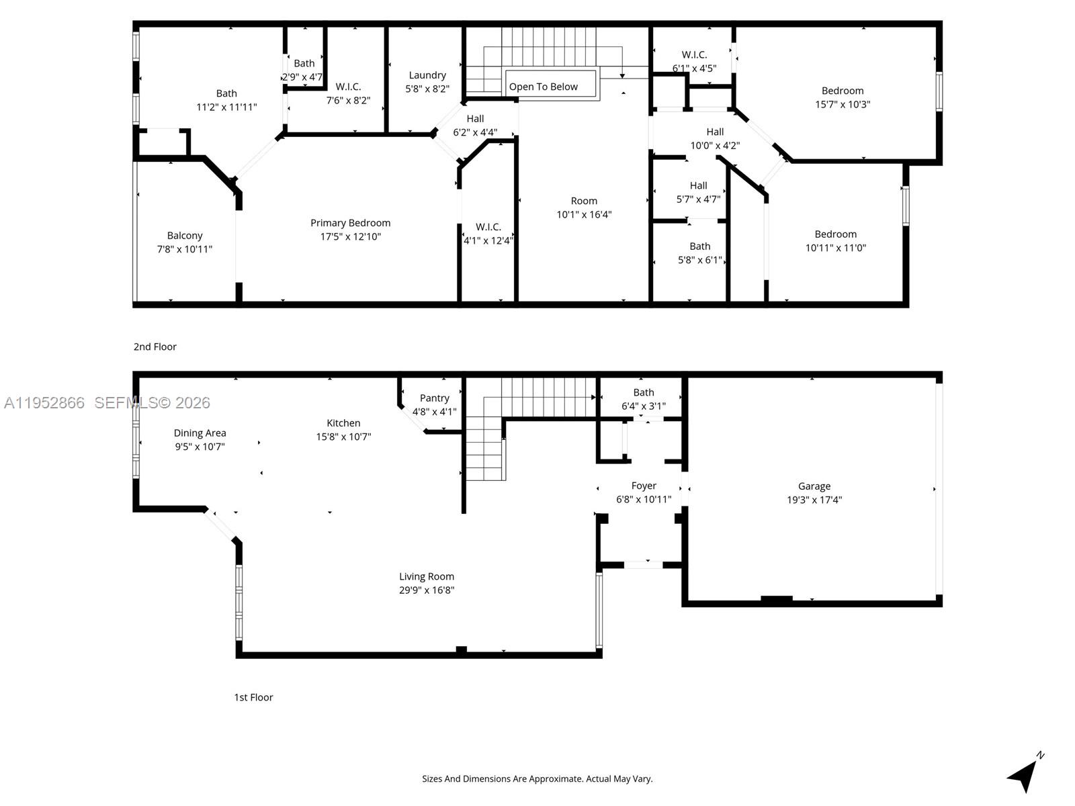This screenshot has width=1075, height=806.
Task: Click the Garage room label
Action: coord(814,486)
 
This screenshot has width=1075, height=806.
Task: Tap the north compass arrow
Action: coord(1024,775)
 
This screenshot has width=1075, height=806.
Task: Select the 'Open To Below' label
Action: coord(543,87)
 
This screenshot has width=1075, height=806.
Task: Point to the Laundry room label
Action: coord(427,75)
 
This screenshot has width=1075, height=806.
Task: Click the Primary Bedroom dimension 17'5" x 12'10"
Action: coord(350,236)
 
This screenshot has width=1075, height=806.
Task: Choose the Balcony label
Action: coord(185,236)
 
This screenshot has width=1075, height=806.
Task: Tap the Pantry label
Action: coord(434,398)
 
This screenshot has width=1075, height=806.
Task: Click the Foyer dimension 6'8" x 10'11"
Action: coord(644,500)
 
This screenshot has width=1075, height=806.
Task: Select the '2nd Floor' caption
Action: coord(155,347)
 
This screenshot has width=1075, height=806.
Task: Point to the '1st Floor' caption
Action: coord(253,697)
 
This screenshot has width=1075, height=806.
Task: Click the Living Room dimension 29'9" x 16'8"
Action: coord(427,590)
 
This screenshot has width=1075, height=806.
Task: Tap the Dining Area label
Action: coord(200,433)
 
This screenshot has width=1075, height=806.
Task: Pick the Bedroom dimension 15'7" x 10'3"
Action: coord(843,104)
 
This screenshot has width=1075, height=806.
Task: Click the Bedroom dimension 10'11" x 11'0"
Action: coord(836,248)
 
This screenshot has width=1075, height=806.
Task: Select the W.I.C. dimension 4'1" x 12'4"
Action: coord(488,240)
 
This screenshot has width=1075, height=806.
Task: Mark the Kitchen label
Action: coord(343,423)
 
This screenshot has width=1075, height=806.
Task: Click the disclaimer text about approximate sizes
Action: coord(537,779)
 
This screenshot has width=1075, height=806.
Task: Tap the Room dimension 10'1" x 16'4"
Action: coord(584,215)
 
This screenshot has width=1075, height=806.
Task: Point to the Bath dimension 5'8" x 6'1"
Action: coord(699,260)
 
